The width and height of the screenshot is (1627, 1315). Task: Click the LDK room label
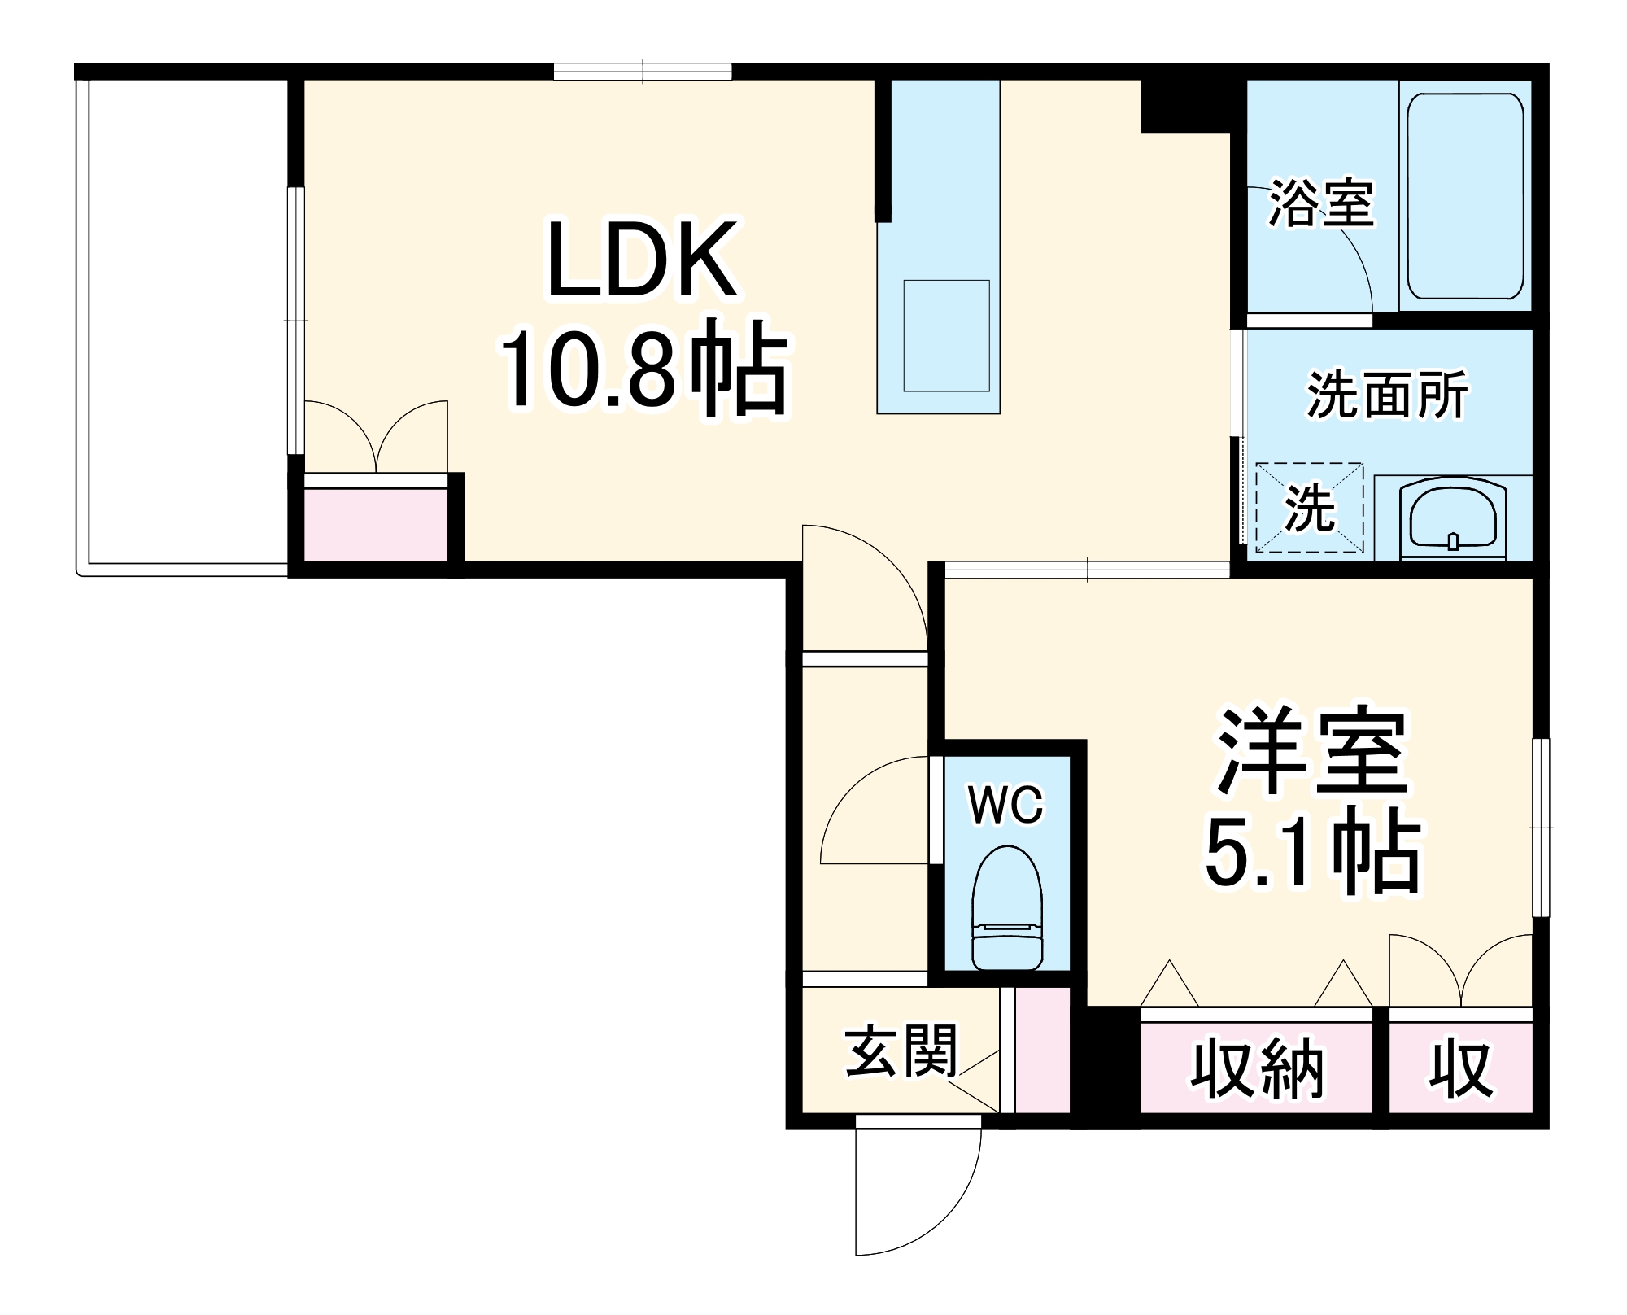[643, 260]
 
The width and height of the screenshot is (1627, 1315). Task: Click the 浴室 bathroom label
[1321, 203]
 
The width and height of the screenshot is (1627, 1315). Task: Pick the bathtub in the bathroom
[1464, 195]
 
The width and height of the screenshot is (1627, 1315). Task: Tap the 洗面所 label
[1387, 395]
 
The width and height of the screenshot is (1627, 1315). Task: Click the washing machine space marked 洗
[1309, 508]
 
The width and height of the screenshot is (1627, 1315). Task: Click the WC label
[1005, 806]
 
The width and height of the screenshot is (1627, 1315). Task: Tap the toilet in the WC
[1007, 907]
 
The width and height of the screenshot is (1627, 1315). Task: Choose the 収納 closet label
[1257, 1069]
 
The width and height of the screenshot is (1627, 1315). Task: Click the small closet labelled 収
[1460, 1069]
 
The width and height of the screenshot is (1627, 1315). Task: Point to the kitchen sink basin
[946, 335]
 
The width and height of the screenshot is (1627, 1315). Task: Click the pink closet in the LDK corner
[376, 525]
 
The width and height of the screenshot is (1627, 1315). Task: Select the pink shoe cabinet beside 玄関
[1043, 1050]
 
